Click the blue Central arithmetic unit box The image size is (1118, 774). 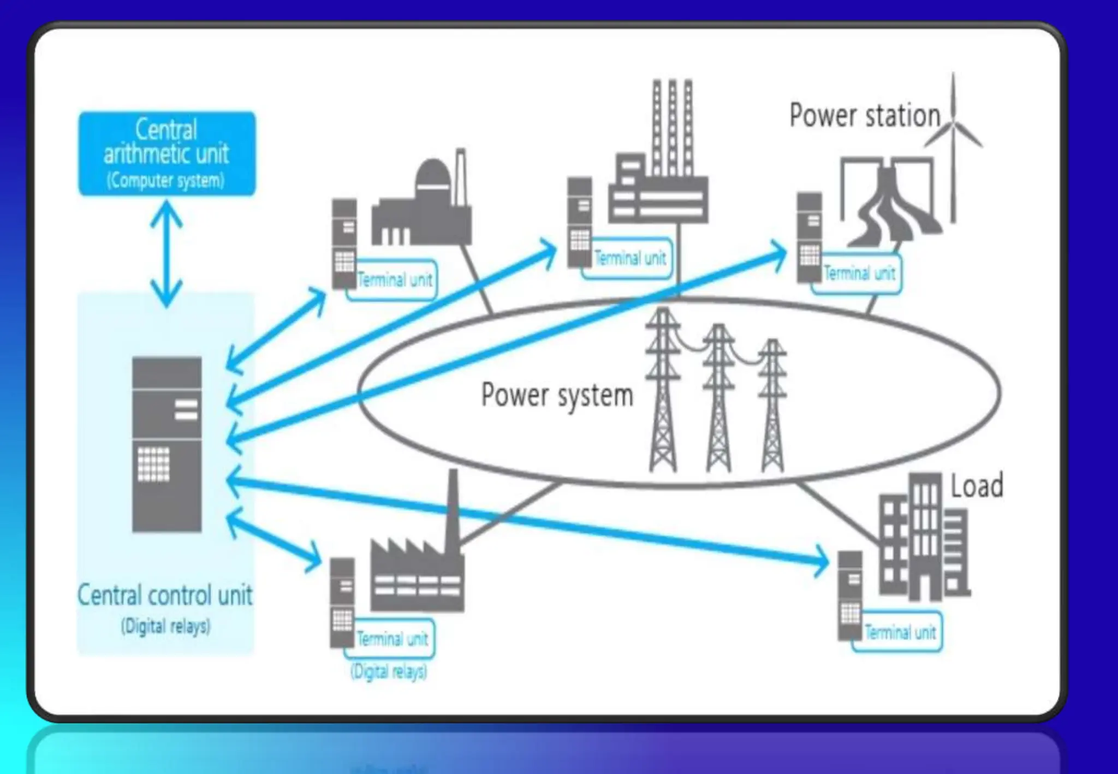[166, 153]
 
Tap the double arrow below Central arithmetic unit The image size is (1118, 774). [166, 253]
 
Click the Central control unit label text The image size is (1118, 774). [165, 595]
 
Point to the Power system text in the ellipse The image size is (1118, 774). [557, 395]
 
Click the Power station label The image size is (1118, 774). [865, 116]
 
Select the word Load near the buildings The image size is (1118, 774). [977, 486]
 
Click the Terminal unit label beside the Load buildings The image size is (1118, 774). [900, 633]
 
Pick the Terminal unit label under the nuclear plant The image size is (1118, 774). [394, 280]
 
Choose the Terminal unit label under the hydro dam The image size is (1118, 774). [859, 273]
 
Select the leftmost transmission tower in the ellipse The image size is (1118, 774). [663, 390]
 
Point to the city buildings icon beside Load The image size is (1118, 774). [923, 540]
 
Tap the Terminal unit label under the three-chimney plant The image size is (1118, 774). [630, 258]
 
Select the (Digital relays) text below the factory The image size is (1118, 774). [389, 671]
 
